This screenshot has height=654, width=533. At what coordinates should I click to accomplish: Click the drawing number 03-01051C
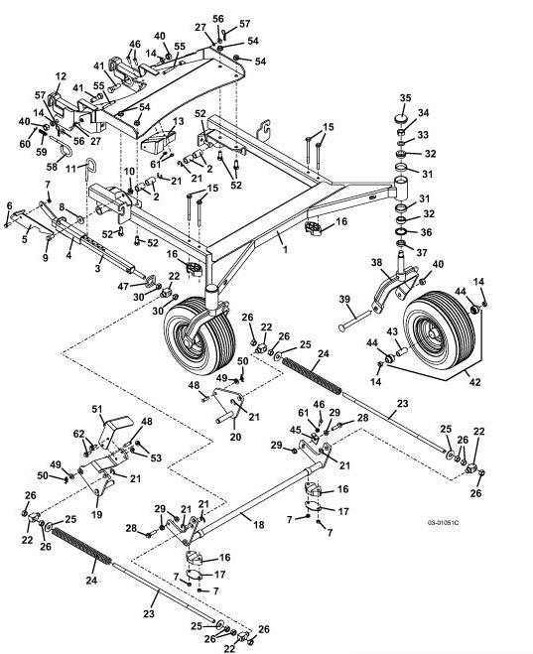[x=443, y=522]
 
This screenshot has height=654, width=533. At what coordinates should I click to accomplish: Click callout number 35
[x=405, y=98]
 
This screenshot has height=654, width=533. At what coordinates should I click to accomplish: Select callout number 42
[x=475, y=382]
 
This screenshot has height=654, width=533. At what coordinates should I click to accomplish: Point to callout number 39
[x=344, y=299]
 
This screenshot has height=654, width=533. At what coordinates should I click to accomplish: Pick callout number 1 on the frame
[x=285, y=250]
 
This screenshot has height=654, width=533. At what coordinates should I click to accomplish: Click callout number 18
[x=259, y=525]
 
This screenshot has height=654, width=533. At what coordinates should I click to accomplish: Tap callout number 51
[x=97, y=409]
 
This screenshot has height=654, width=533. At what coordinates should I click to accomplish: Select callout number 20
[x=235, y=437]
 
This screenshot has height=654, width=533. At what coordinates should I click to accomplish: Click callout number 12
[x=61, y=76]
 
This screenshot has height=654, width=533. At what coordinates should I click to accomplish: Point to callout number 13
[x=178, y=121]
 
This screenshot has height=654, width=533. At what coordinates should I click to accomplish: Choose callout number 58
[x=52, y=167]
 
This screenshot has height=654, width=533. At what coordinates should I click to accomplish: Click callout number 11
[x=71, y=169]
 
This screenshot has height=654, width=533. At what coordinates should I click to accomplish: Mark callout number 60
[x=25, y=144]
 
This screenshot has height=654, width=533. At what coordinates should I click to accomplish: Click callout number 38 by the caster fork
[x=376, y=262]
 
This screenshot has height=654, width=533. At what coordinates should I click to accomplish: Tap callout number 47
[x=123, y=286]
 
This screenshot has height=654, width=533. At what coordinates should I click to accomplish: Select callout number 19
[x=96, y=515]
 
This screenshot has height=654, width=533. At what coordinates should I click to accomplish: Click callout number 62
[x=78, y=435]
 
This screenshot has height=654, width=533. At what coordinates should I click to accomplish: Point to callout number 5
[x=25, y=239]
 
